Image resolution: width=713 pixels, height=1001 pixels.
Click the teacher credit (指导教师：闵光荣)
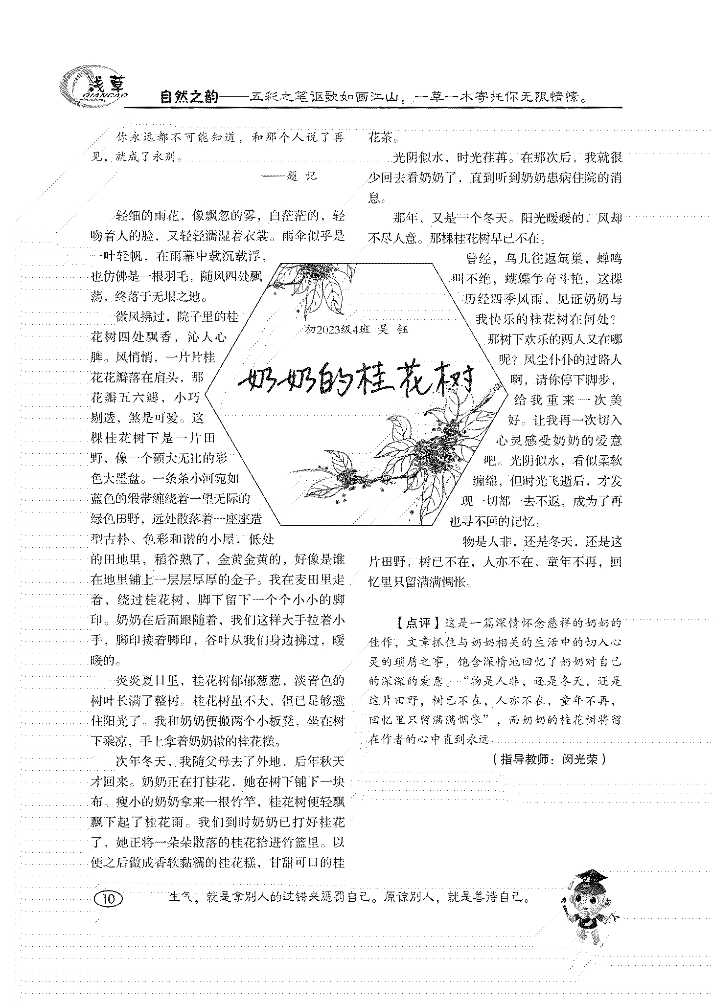point(549,759)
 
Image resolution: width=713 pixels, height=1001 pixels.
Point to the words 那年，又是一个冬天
point(448,218)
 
